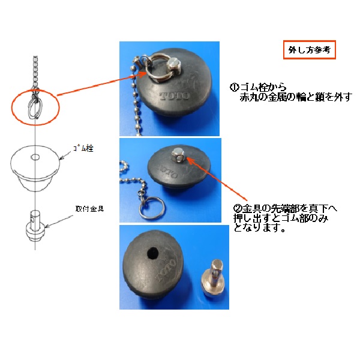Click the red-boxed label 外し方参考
pyautogui.click(x=309, y=50)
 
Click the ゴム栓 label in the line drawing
pyautogui.click(x=83, y=148)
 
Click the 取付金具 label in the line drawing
pyautogui.click(x=89, y=209)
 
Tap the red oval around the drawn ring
pyautogui.click(x=35, y=125)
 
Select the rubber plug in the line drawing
pyautogui.click(x=35, y=167)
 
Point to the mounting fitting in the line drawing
pyautogui.click(x=35, y=226)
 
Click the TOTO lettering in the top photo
pyautogui.click(x=175, y=96)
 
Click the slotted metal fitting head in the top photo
pyautogui.click(x=173, y=65)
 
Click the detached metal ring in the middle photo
pyautogui.click(x=151, y=208)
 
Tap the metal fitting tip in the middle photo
pyautogui.click(x=178, y=155)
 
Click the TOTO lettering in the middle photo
pyautogui.click(x=167, y=170)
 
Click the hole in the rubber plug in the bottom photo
pyautogui.click(x=152, y=253)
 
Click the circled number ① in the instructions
pyautogui.click(x=235, y=87)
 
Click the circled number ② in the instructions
pyautogui.click(x=238, y=208)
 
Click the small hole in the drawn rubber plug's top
pyautogui.click(x=35, y=157)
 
